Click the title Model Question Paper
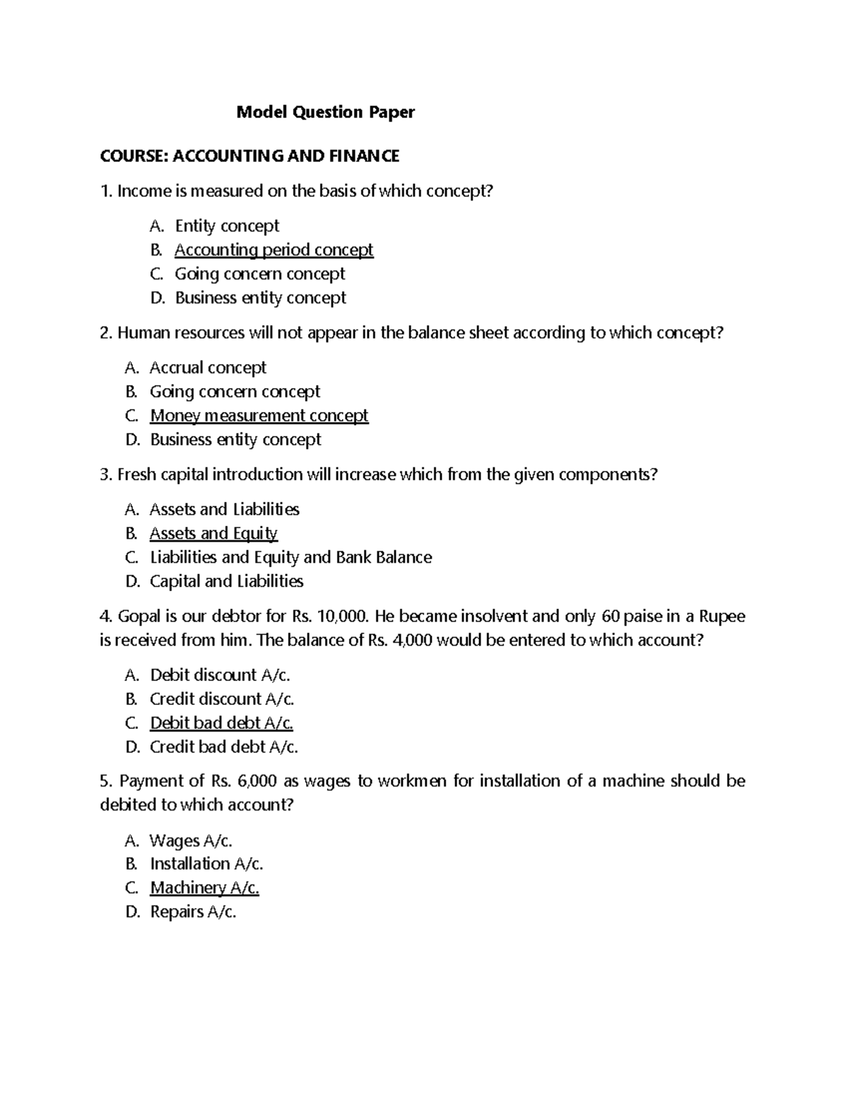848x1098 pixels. [x=325, y=112]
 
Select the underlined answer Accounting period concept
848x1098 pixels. [x=273, y=250]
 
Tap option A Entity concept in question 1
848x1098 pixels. [x=227, y=226]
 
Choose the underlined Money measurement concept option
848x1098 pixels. [x=259, y=416]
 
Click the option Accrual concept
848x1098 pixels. [x=208, y=368]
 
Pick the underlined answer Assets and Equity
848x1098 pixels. [x=213, y=534]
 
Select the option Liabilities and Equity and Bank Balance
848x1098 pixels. [x=290, y=557]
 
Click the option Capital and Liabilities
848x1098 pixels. [x=226, y=581]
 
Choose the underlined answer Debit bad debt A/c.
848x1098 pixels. [x=221, y=723]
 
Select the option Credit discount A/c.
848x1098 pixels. [x=222, y=699]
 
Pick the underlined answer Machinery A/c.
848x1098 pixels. [x=204, y=888]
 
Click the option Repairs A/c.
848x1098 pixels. [x=193, y=912]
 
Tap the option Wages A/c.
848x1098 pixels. [x=191, y=841]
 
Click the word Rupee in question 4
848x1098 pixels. [x=722, y=617]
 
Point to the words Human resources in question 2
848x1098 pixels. [x=181, y=333]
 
